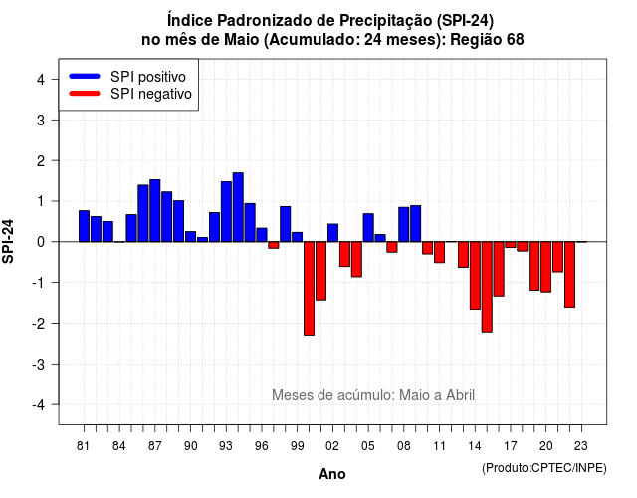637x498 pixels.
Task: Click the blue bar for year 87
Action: click(155, 210)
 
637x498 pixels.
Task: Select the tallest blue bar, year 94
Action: click(238, 207)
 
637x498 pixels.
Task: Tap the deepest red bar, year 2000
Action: click(310, 288)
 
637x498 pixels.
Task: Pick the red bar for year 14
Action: click(475, 275)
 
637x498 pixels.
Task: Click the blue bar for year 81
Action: click(84, 226)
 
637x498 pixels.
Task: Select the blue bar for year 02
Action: click(332, 233)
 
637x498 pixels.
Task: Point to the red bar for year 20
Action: click(546, 267)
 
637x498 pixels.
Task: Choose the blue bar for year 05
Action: click(368, 228)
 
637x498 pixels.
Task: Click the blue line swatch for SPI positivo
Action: click(85, 76)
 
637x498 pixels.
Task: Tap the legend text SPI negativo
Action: click(151, 94)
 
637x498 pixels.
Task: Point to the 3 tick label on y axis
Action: click(41, 120)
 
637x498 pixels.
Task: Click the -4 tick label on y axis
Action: click(40, 405)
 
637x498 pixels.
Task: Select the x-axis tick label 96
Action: click(262, 446)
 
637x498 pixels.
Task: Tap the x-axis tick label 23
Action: click(581, 446)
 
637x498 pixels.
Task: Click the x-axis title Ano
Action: click(332, 474)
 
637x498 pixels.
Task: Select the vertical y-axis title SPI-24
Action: click(8, 241)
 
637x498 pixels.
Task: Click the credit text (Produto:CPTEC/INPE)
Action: click(544, 468)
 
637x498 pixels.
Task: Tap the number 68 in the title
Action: click(516, 40)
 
